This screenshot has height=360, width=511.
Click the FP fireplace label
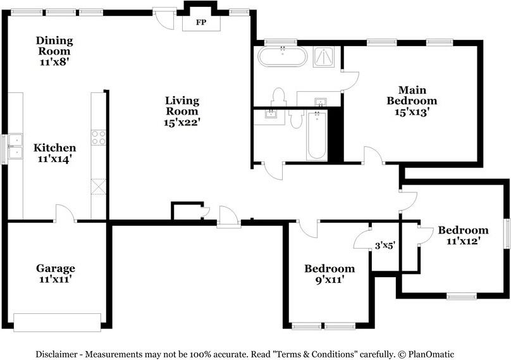tap(201, 23)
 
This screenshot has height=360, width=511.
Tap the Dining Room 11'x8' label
tap(54, 51)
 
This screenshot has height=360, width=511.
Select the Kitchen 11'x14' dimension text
tap(54, 159)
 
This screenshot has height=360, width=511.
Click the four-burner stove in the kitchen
tap(99, 137)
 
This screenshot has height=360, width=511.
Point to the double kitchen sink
tap(15, 146)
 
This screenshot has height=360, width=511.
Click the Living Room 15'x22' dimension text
tap(182, 122)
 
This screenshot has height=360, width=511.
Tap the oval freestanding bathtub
tap(283, 56)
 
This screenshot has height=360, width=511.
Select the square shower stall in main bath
tap(324, 57)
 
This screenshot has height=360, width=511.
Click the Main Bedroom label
tap(412, 95)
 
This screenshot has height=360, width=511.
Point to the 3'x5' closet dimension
tap(385, 245)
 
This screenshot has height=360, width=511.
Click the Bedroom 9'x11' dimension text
tap(329, 280)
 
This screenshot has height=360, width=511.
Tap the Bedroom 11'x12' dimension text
tap(464, 241)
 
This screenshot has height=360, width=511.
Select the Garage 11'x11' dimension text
tap(56, 280)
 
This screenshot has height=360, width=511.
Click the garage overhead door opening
tap(58, 323)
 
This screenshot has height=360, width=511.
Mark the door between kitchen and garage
tap(65, 214)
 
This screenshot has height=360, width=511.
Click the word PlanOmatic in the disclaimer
tap(431, 354)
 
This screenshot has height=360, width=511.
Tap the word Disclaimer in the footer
tap(56, 354)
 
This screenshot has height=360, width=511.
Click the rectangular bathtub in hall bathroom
tap(317, 135)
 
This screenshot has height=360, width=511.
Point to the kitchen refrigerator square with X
tap(99, 187)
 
